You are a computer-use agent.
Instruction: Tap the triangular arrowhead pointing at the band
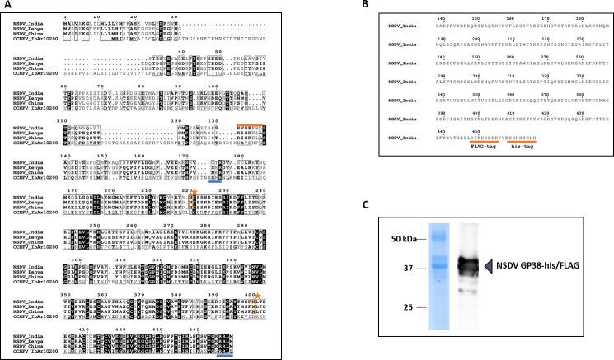488,264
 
